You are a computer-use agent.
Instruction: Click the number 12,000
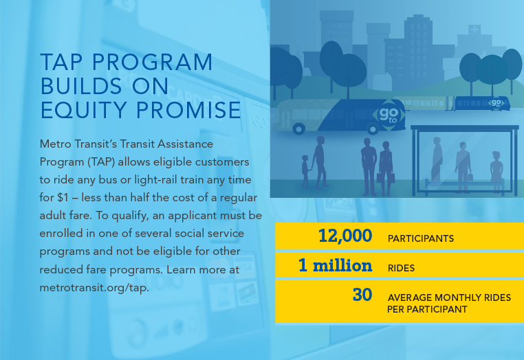[x=345, y=236]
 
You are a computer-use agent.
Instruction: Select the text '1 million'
[x=335, y=265]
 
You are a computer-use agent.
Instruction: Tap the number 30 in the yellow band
[x=362, y=295]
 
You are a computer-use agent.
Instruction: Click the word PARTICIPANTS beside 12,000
[x=420, y=238]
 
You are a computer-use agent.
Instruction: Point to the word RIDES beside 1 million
[x=402, y=267]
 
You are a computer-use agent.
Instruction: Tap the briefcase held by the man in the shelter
[x=470, y=177]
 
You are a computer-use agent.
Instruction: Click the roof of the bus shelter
[x=464, y=128]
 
